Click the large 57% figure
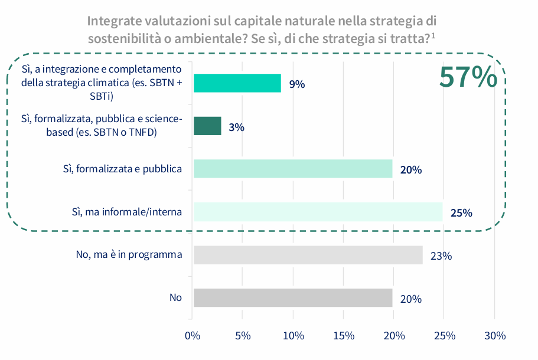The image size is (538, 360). click(468, 77)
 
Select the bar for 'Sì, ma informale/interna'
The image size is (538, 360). click(318, 212)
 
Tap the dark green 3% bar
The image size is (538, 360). click(207, 126)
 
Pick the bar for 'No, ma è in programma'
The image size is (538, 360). click(308, 255)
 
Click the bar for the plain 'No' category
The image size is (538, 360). click(293, 298)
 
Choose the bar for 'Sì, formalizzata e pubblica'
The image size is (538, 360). click(293, 169)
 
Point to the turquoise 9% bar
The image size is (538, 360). click(237, 83)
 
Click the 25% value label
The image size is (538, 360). click(461, 213)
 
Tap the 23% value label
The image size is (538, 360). click(441, 256)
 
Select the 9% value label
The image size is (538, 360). click(297, 84)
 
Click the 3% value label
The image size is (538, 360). click(237, 127)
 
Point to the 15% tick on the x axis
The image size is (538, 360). click(344, 336)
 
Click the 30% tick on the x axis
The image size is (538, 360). click(495, 336)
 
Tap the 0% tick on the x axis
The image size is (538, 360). click(193, 336)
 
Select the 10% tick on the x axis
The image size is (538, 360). click(294, 336)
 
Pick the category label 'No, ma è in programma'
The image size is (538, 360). click(129, 255)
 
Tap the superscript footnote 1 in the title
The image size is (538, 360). click(433, 36)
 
